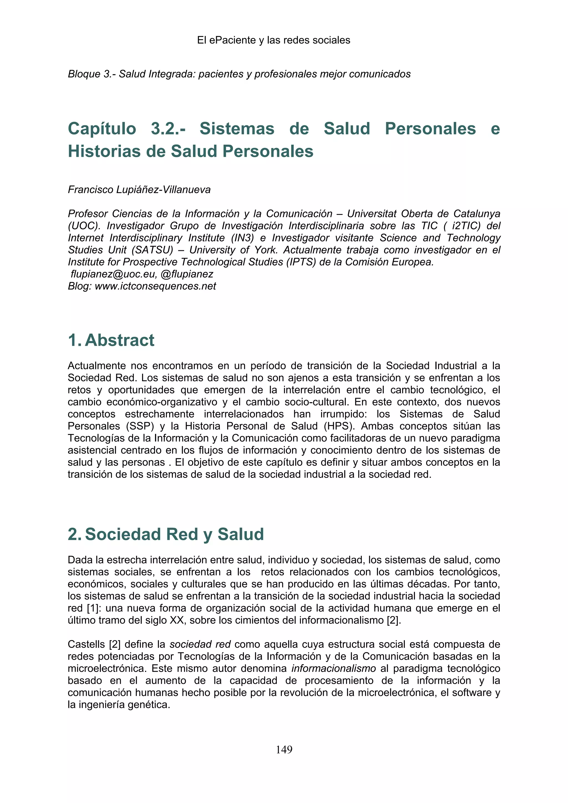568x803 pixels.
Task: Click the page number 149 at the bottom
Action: (284, 750)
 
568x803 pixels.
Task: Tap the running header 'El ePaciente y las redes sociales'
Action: (273, 40)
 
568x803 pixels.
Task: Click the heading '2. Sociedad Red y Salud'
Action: (166, 534)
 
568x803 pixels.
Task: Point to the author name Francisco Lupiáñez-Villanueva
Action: (139, 190)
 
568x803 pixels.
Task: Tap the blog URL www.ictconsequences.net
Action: (155, 286)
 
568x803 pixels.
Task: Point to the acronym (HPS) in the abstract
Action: (338, 426)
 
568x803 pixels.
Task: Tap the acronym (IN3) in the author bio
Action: (242, 238)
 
